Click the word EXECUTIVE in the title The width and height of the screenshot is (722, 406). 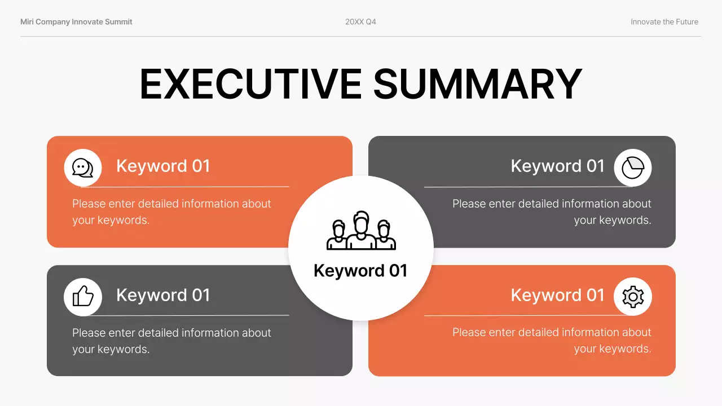tap(250, 83)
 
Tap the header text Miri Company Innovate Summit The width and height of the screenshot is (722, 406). tap(76, 22)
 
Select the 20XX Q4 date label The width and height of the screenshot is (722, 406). tap(360, 22)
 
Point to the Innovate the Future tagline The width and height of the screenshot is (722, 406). tap(664, 22)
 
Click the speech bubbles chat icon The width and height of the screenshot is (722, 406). tap(83, 167)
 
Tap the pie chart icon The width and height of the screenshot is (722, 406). tap(633, 167)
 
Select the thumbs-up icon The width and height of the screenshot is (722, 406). tap(83, 297)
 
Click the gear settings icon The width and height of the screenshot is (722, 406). tap(633, 297)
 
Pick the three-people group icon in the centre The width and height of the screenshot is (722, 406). tap(361, 231)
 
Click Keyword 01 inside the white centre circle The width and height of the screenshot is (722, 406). tap(360, 271)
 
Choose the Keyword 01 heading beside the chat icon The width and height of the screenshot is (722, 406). tap(163, 166)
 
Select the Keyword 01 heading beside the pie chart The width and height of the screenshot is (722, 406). tap(557, 166)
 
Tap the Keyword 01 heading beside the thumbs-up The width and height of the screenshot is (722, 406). tap(163, 295)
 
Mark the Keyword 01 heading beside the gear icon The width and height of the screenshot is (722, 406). tap(557, 295)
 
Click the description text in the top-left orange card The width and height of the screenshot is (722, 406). tap(171, 212)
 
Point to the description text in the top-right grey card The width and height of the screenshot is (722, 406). tap(552, 212)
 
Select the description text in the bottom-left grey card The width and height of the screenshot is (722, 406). tap(171, 341)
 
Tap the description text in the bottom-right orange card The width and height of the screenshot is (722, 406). tap(552, 341)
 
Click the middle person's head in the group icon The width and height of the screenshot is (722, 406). tap(361, 220)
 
